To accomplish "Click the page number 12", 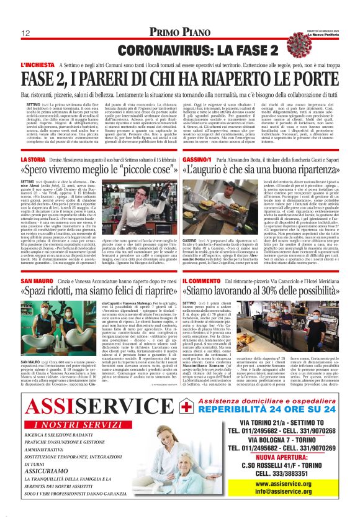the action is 25,32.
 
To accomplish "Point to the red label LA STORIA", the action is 33,160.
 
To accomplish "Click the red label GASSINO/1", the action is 197,160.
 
